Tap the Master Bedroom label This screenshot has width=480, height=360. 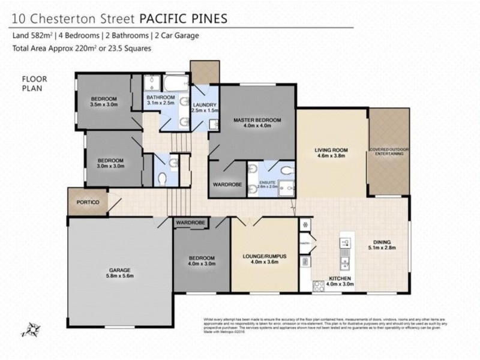click(x=257, y=121)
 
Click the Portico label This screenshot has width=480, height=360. click(x=88, y=203)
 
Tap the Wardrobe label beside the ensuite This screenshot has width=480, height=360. click(x=228, y=185)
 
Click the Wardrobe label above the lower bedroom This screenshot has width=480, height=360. click(x=191, y=223)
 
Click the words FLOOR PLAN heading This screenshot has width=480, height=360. click(x=34, y=83)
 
